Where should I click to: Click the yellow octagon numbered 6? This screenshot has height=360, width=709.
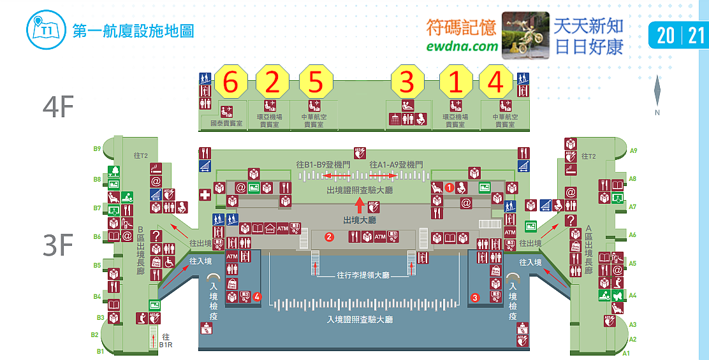[x=231, y=82]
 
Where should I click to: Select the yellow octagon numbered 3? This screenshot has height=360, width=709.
[x=407, y=82]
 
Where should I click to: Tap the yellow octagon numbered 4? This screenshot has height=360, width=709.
[x=495, y=82]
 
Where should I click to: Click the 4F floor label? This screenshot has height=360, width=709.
[x=58, y=108]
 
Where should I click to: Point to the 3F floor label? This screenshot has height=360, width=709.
[x=58, y=245]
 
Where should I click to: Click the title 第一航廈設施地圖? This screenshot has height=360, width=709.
[x=133, y=30]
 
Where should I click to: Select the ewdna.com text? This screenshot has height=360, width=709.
[x=462, y=46]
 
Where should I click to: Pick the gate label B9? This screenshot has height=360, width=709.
[x=98, y=149]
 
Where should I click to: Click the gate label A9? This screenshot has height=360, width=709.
[x=633, y=151]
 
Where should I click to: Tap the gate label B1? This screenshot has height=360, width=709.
[x=100, y=351]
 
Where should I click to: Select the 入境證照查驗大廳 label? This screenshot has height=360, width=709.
[x=360, y=319]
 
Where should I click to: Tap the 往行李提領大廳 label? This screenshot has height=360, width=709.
[x=362, y=276]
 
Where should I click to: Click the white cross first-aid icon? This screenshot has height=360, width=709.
[x=205, y=195]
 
